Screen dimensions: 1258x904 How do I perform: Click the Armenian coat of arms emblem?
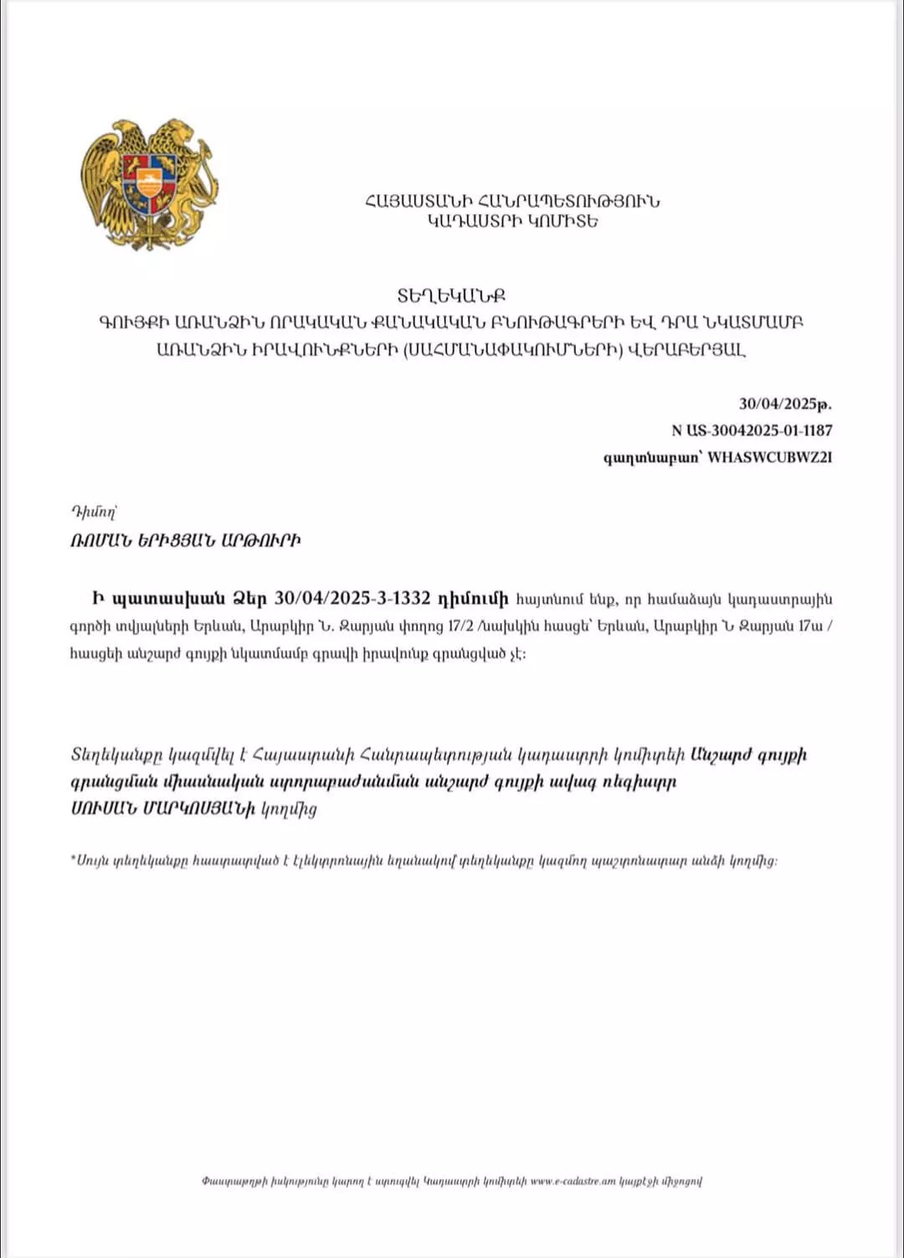tap(149, 184)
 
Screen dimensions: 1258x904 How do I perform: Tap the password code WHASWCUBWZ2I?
tap(770, 457)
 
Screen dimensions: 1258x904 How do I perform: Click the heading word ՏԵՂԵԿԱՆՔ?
tap(451, 296)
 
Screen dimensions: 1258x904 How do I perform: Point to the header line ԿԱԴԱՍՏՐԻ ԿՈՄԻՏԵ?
tap(512, 221)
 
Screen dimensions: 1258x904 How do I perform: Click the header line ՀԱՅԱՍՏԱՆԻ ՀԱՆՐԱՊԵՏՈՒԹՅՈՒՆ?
tap(512, 201)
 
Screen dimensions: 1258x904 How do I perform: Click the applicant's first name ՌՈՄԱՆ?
tap(100, 540)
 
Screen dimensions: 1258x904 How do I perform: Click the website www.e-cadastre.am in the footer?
tap(573, 1181)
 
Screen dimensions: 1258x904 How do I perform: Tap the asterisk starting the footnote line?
tap(73, 859)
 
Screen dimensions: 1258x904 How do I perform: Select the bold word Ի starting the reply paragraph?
tap(98, 599)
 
